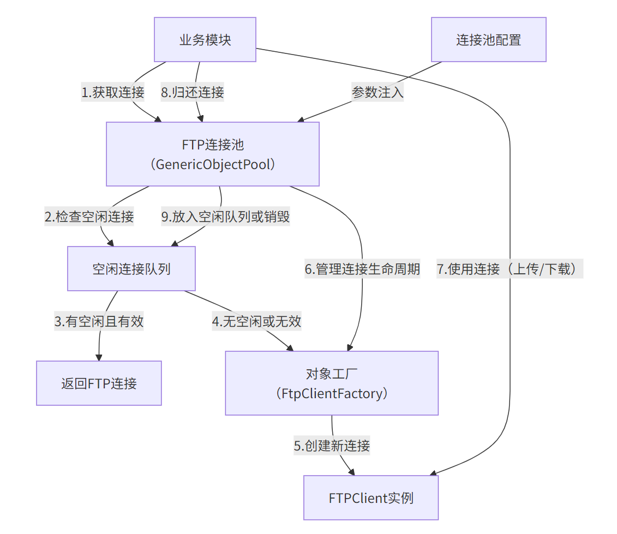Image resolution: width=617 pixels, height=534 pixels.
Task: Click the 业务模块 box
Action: click(205, 40)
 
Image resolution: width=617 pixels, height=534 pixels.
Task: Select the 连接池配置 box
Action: click(488, 40)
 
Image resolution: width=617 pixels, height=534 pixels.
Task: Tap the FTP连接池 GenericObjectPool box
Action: click(212, 154)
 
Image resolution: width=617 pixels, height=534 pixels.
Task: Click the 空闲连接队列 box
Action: click(131, 268)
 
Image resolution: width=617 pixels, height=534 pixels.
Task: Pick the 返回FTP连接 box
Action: click(99, 383)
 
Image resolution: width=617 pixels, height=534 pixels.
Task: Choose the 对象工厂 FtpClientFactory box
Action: click(332, 383)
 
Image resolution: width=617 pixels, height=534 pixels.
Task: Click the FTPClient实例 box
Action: click(371, 497)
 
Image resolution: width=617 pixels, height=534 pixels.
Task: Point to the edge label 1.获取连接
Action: click(113, 92)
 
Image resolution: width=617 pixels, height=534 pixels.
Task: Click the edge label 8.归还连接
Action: click(192, 92)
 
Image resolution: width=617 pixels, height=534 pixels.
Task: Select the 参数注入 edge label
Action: click(378, 92)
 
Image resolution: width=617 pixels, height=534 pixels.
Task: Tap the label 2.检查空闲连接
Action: click(89, 217)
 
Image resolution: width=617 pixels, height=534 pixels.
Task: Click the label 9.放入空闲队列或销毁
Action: click(226, 217)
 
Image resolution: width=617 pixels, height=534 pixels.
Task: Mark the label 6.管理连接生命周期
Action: click(362, 269)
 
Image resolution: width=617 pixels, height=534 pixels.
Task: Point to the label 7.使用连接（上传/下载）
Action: click(510, 269)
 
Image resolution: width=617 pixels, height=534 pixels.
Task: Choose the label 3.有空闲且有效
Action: click(99, 321)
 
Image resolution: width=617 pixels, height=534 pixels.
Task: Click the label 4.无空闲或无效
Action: click(256, 321)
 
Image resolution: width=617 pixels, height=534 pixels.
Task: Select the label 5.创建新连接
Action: click(332, 446)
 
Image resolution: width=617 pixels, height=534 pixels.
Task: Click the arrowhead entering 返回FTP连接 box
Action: click(99, 357)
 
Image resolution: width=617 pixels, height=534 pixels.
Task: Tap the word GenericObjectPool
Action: click(212, 164)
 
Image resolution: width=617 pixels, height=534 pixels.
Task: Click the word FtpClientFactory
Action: click(332, 393)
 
